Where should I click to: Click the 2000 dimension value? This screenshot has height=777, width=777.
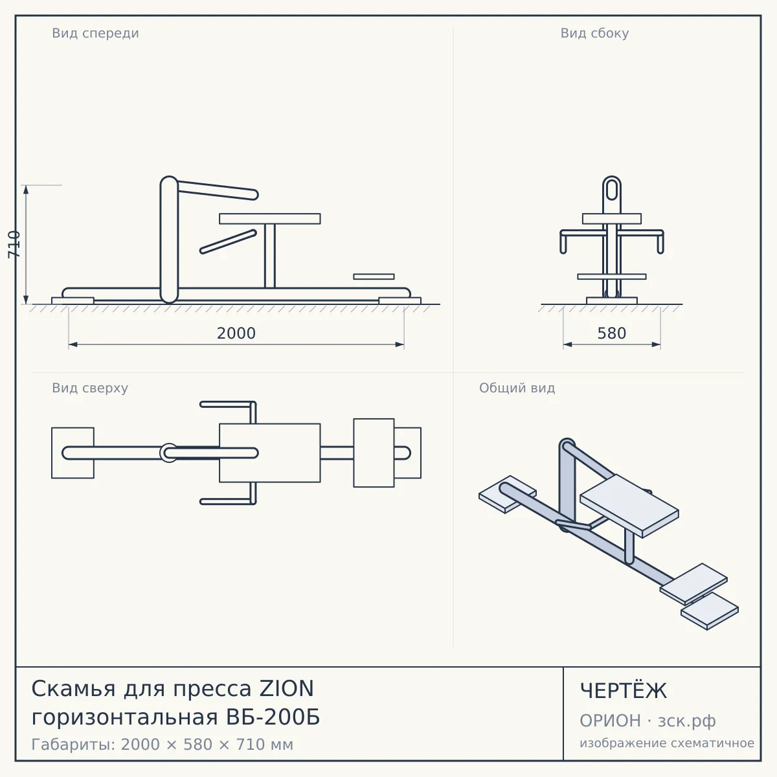pyautogui.click(x=236, y=333)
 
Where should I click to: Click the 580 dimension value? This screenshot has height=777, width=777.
pyautogui.click(x=612, y=333)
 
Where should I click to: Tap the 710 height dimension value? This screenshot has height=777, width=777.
pyautogui.click(x=14, y=245)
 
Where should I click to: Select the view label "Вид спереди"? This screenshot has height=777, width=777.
pyautogui.click(x=96, y=33)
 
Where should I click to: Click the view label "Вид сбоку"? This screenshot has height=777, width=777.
pyautogui.click(x=595, y=33)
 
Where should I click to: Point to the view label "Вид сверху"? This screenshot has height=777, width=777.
pyautogui.click(x=90, y=388)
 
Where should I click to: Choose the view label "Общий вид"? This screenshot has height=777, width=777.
pyautogui.click(x=517, y=388)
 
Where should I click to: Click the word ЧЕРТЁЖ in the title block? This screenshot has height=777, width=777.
pyautogui.click(x=624, y=691)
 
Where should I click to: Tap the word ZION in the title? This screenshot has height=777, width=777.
pyautogui.click(x=286, y=689)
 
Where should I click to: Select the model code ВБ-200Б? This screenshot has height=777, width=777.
pyautogui.click(x=273, y=717)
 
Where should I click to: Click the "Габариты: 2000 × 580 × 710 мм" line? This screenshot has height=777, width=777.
pyautogui.click(x=162, y=745)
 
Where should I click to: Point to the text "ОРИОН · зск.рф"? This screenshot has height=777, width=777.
pyautogui.click(x=647, y=721)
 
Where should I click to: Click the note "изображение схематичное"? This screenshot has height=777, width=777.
pyautogui.click(x=667, y=743)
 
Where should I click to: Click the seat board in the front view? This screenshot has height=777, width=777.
pyautogui.click(x=270, y=219)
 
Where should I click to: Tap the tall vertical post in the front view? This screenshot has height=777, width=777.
pyautogui.click(x=170, y=240)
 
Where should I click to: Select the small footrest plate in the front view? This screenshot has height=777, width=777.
pyautogui.click(x=374, y=276)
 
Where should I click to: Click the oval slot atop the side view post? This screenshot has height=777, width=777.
pyautogui.click(x=612, y=190)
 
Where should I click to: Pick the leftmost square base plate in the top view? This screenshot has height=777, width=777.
pyautogui.click(x=73, y=453)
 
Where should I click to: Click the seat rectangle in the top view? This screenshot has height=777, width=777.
pyautogui.click(x=270, y=453)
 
